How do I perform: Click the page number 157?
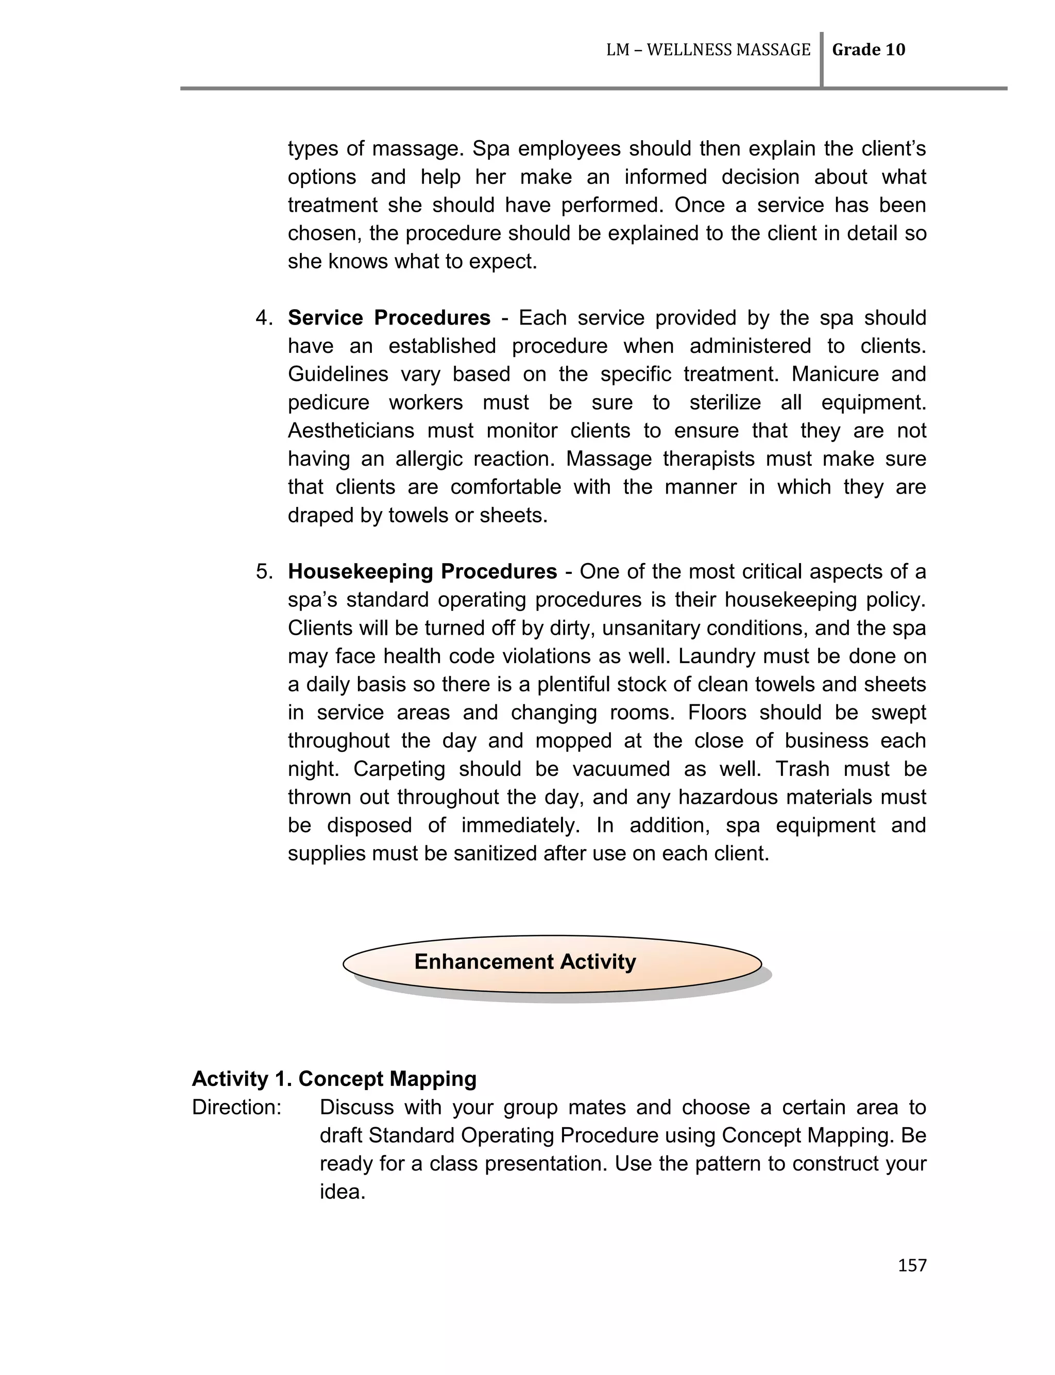pos(912,1265)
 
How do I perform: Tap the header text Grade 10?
pos(868,50)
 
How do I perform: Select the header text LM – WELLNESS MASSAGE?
pos(708,50)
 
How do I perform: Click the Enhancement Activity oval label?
pos(525,962)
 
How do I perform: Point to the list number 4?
pos(264,318)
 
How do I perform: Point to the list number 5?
pos(264,571)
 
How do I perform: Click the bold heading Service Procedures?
pos(389,318)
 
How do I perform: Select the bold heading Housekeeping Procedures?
pos(422,571)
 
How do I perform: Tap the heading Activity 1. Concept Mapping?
pos(334,1079)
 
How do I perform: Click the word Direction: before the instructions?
pos(236,1107)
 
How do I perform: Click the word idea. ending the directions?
pos(342,1192)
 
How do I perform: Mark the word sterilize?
pos(725,402)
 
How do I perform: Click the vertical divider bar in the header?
pos(822,60)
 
